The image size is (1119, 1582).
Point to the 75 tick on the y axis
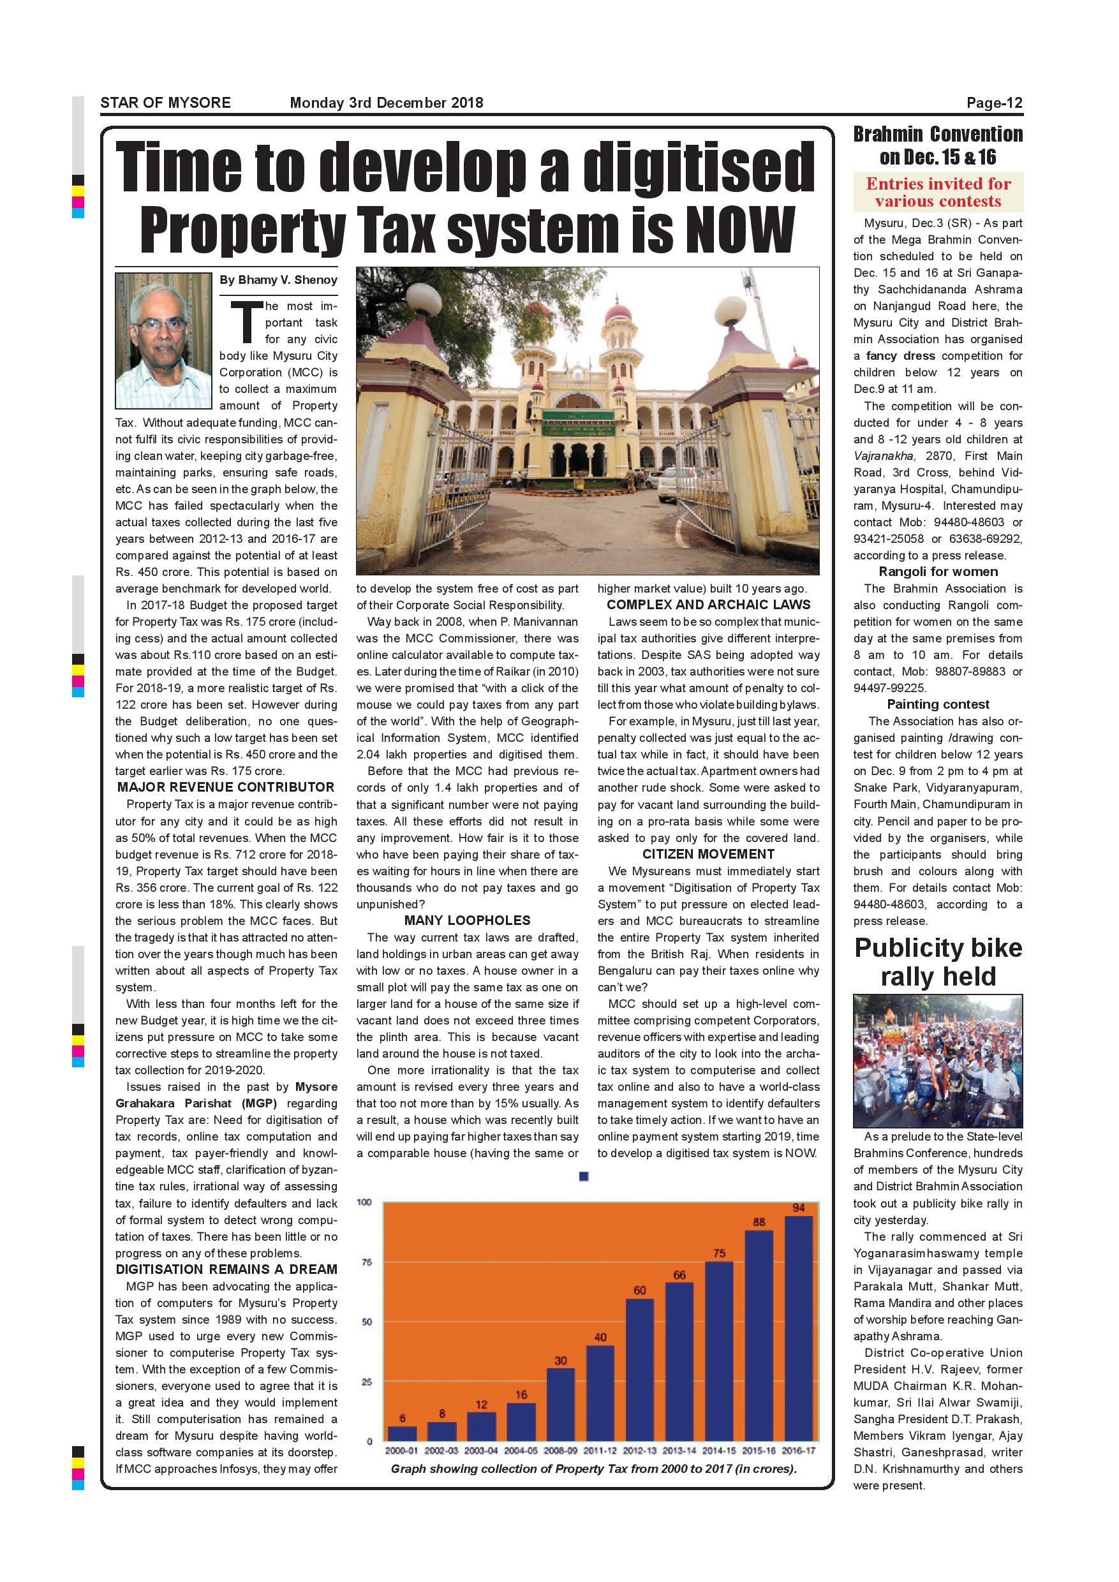point(367,1262)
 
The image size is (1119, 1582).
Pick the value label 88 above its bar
point(759,1222)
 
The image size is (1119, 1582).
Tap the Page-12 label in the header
point(993,103)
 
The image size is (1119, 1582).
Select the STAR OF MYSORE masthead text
point(165,103)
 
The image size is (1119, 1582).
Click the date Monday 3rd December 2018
point(386,103)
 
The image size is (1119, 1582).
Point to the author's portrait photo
point(163,341)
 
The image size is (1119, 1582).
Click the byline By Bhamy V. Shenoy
point(278,280)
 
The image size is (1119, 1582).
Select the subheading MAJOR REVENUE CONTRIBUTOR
point(225,788)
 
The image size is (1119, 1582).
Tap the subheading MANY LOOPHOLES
point(467,920)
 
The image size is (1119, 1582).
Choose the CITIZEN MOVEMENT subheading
point(708,854)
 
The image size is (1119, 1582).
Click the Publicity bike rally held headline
point(938,963)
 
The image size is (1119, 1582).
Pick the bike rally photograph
point(938,1060)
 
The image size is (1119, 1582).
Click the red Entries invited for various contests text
point(938,192)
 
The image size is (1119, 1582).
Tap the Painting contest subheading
point(938,704)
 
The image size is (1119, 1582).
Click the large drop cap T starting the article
point(247,322)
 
